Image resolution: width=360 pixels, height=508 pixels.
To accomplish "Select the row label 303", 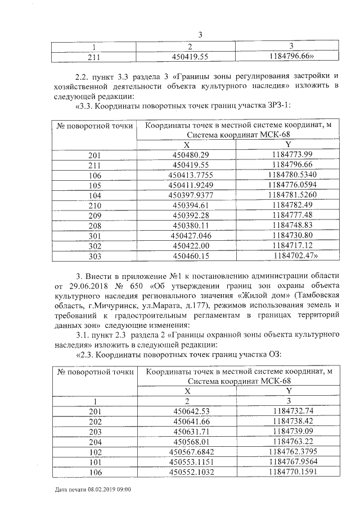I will pyautogui.click(x=95, y=256).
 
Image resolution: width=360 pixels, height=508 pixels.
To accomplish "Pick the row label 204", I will pyautogui.click(x=95, y=441).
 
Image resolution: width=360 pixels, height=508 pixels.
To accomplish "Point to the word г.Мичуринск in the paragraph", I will pyautogui.click(x=106, y=307).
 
